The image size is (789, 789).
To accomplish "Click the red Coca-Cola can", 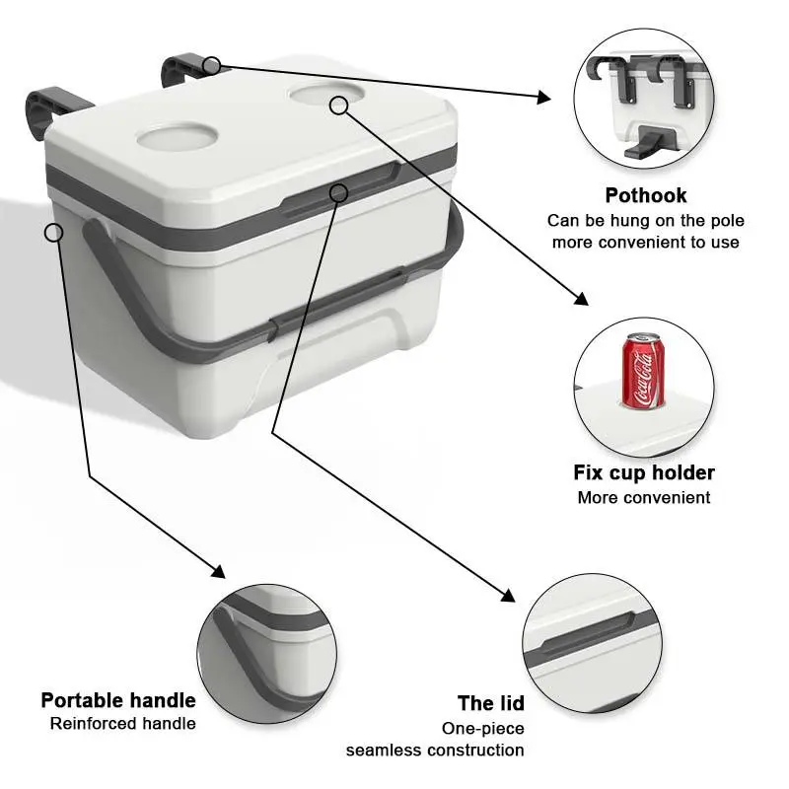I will (x=642, y=372).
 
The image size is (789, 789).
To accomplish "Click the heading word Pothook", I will (x=645, y=195).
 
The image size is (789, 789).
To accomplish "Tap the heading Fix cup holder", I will (x=644, y=473).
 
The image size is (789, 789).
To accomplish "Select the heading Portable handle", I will (x=118, y=700).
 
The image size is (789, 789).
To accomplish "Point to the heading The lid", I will (x=490, y=703).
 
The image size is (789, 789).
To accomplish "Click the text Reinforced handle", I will (x=123, y=724).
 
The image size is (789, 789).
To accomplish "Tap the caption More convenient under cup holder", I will (x=644, y=498).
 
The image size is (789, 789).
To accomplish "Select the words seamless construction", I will (x=435, y=751).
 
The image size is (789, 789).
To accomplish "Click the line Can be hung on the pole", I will (x=646, y=220).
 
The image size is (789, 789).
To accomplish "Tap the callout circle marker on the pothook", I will (x=211, y=66).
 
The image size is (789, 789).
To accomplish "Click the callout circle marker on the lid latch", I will (x=339, y=191).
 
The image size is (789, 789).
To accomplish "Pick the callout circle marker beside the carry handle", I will (x=54, y=232).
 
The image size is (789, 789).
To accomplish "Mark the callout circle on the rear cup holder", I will (x=339, y=104).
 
